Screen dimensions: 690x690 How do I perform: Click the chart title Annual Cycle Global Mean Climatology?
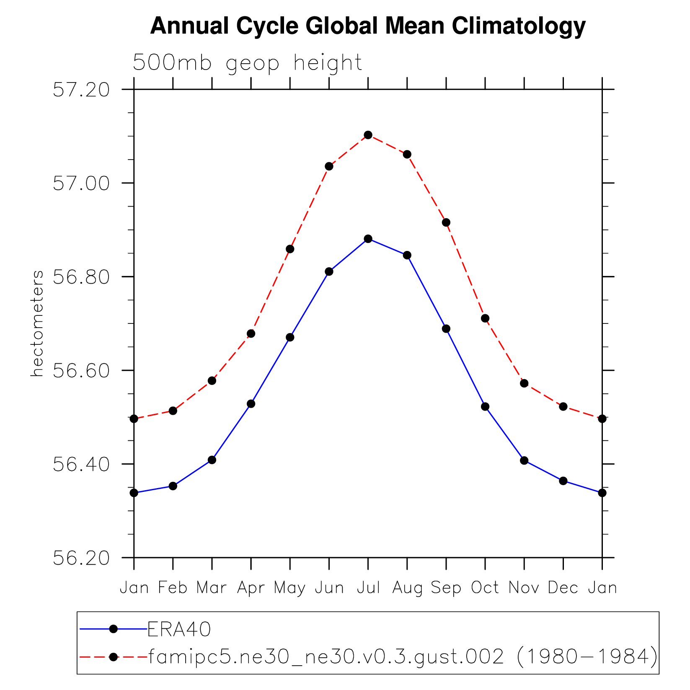click(367, 26)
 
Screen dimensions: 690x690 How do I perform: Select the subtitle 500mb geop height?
click(247, 63)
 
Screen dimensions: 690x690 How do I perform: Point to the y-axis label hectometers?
click(37, 323)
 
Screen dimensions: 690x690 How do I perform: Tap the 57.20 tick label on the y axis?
click(81, 90)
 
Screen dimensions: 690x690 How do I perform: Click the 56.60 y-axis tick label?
click(81, 371)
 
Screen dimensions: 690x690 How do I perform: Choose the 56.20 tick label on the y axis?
click(81, 558)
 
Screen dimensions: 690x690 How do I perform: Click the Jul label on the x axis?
click(368, 588)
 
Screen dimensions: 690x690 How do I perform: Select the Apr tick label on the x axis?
click(251, 588)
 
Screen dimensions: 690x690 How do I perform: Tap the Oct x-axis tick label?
click(485, 588)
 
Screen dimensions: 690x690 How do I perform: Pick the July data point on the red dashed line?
click(368, 135)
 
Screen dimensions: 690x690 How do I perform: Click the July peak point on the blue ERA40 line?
click(368, 239)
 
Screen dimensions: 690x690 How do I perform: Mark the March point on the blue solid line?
click(212, 460)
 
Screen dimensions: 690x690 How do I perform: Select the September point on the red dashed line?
click(446, 222)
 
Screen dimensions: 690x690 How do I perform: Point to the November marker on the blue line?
click(524, 460)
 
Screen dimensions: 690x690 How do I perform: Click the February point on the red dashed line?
click(173, 411)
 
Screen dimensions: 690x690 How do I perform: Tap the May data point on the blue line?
click(290, 337)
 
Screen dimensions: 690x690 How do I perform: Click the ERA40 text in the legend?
click(179, 629)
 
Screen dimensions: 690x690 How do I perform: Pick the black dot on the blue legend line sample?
click(113, 629)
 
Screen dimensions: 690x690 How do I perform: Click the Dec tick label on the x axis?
click(563, 588)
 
